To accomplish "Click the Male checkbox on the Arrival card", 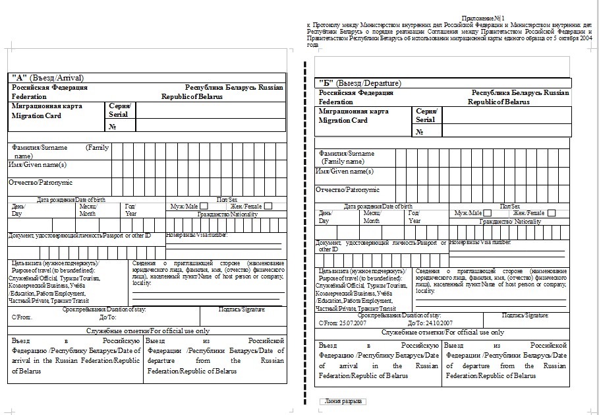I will tap(204, 207).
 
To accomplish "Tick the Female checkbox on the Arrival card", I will tap(268, 207).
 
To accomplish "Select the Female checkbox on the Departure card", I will tap(552, 213).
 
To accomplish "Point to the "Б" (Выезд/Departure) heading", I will tap(360, 83).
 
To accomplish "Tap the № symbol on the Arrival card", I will tap(113, 127).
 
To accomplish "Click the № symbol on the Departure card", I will tap(420, 132).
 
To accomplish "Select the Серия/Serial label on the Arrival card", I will tap(119, 110).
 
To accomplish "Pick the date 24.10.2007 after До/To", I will tap(439, 323).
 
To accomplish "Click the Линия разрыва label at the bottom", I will tap(343, 401).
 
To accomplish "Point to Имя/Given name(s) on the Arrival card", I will tap(38, 164).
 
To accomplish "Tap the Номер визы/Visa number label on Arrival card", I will tap(196, 235).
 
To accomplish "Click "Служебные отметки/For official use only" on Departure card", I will tap(443, 333).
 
